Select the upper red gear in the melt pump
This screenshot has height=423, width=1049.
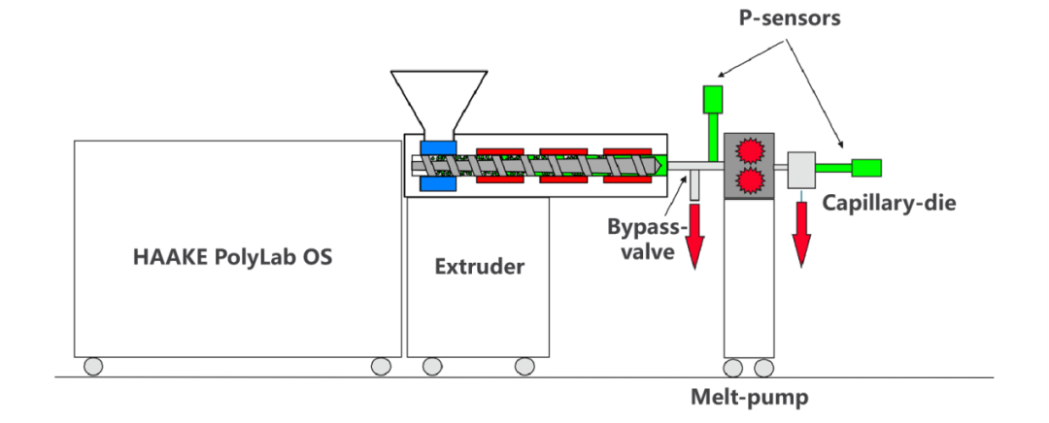(x=749, y=150)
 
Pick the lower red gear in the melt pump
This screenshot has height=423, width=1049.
(x=749, y=181)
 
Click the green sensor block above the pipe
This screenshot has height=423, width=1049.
(x=713, y=99)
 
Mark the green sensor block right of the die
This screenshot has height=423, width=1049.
(x=866, y=167)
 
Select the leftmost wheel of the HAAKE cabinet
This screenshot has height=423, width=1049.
(x=93, y=366)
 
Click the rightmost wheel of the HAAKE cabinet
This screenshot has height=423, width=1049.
(x=381, y=366)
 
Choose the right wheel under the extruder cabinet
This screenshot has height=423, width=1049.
(x=524, y=366)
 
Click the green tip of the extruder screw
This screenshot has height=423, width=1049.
(x=660, y=166)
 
